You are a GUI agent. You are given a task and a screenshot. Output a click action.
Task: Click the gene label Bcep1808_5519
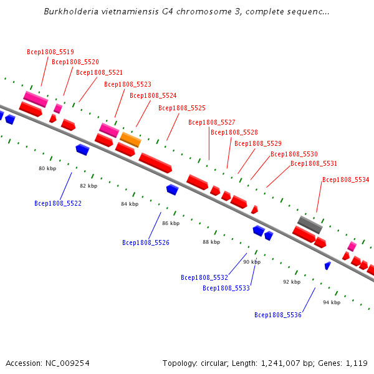(x=50, y=52)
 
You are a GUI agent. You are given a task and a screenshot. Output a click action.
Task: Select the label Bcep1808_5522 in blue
(x=58, y=203)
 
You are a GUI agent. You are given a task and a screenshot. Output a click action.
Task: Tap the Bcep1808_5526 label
(x=146, y=243)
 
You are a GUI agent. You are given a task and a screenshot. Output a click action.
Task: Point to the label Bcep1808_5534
(x=345, y=180)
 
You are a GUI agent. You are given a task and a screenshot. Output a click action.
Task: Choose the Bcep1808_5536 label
(x=278, y=315)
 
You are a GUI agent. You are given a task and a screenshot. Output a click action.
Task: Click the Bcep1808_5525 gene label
(x=182, y=108)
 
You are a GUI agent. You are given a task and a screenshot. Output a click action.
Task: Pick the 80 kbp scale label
(x=47, y=168)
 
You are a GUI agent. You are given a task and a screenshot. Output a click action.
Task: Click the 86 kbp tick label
(x=171, y=223)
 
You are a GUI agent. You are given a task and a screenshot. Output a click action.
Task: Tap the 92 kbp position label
(x=292, y=282)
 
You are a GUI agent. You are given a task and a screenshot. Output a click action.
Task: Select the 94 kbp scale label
(x=332, y=302)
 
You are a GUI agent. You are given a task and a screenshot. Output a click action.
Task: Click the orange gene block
(x=130, y=140)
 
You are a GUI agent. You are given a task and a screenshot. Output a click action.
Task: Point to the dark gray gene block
(x=310, y=224)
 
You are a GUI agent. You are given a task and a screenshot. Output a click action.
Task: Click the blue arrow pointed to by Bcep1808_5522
(x=82, y=150)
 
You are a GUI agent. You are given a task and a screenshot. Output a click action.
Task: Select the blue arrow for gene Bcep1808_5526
(x=173, y=189)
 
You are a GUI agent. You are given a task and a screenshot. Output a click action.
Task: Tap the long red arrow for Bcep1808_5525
(x=155, y=163)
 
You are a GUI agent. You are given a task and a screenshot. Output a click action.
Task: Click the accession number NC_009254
(x=67, y=363)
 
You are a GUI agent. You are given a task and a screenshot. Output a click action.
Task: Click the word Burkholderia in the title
(x=71, y=11)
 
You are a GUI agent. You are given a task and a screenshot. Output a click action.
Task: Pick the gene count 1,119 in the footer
(x=357, y=363)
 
